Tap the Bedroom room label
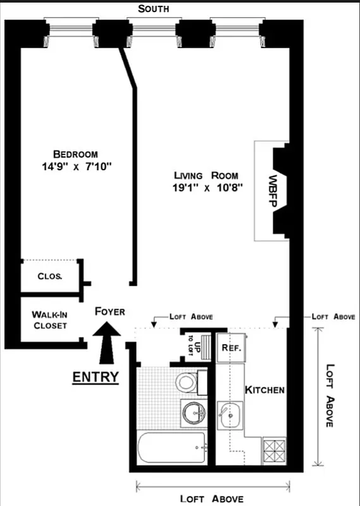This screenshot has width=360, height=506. [75, 154]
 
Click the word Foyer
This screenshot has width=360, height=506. [109, 311]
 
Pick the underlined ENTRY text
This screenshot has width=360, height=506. [96, 377]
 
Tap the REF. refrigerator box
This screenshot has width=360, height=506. [229, 347]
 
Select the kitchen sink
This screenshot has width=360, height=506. [229, 416]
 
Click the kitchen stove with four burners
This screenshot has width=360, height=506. [274, 452]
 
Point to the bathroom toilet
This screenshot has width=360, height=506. [187, 382]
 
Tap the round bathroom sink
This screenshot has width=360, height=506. [192, 413]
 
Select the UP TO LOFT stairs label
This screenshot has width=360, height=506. [197, 347]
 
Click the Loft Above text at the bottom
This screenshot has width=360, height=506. [211, 499]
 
